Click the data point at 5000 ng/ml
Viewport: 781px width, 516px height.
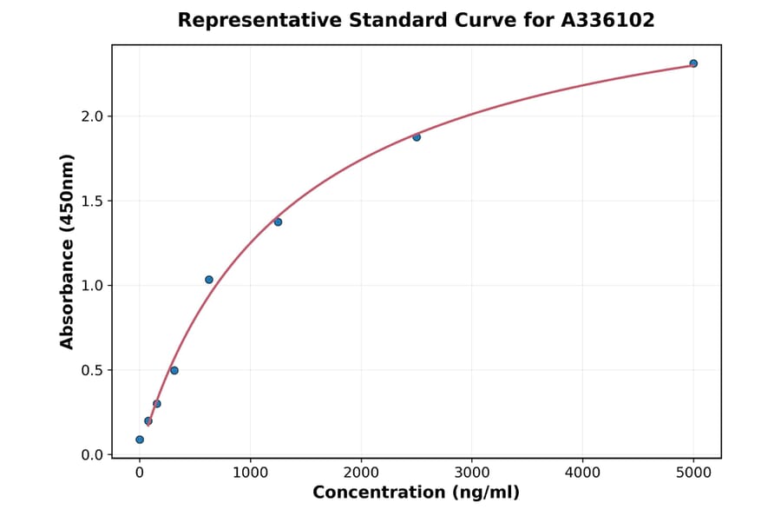pyautogui.click(x=693, y=63)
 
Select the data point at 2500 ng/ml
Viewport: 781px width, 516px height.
pyautogui.click(x=417, y=137)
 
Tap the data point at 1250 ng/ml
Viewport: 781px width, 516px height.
pyautogui.click(x=278, y=222)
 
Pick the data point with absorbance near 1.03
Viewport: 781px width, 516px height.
pyautogui.click(x=209, y=280)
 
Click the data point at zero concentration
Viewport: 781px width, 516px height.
pyautogui.click(x=140, y=440)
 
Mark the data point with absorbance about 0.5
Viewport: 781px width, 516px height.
pyautogui.click(x=174, y=371)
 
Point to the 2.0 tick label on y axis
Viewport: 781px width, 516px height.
pyautogui.click(x=91, y=116)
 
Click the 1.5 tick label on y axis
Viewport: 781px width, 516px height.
pyautogui.click(x=91, y=202)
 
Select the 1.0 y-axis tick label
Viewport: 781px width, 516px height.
pyautogui.click(x=91, y=286)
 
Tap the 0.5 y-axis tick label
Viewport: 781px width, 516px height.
pyautogui.click(x=91, y=370)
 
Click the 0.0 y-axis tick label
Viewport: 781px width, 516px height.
pyautogui.click(x=91, y=455)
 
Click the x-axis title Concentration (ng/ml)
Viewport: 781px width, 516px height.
pyautogui.click(x=416, y=493)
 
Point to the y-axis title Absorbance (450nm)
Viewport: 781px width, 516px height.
pyautogui.click(x=68, y=251)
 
